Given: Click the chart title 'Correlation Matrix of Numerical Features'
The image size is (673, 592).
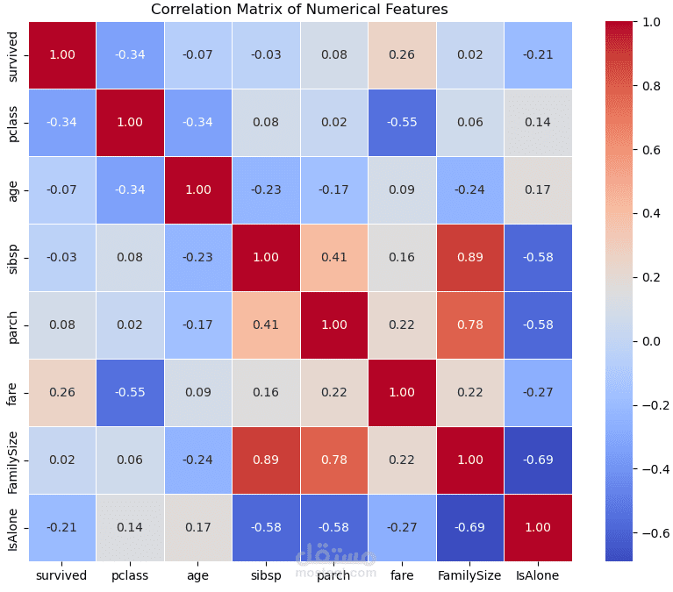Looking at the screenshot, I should [x=299, y=10].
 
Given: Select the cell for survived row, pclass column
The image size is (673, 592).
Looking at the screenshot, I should [x=130, y=54].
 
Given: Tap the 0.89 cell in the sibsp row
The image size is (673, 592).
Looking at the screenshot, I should [x=469, y=257].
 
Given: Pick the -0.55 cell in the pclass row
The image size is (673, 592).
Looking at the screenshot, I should [x=401, y=122].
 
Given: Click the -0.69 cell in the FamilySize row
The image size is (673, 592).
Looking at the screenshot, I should [x=537, y=460].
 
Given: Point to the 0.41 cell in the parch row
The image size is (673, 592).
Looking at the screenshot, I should [x=266, y=325].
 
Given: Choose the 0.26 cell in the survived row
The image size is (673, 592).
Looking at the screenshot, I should [x=401, y=54].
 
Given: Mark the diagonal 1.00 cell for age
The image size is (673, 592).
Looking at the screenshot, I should [x=198, y=189].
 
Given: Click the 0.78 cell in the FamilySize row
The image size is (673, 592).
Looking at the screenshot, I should [x=333, y=460].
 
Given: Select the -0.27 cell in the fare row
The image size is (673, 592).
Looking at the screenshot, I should [x=537, y=392].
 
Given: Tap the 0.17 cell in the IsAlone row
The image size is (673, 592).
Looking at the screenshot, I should [x=198, y=527].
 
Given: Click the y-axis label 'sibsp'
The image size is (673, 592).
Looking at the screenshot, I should [x=12, y=257].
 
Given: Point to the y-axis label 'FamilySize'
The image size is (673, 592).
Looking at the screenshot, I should [x=12, y=460].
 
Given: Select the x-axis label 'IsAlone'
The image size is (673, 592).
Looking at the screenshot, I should [x=537, y=576].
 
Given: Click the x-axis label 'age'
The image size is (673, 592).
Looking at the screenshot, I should [x=198, y=576].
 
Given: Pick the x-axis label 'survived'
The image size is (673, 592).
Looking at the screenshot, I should [x=61, y=576].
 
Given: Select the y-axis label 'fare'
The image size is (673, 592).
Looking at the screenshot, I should [x=12, y=392].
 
